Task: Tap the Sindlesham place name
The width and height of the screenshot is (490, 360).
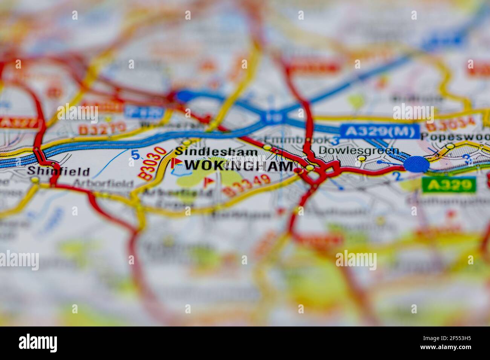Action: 216,152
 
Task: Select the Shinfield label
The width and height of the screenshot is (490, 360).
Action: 58,172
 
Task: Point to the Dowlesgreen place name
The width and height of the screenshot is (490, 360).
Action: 358,151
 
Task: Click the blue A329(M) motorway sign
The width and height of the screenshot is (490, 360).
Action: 380,131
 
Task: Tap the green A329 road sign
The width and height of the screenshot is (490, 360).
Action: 449,185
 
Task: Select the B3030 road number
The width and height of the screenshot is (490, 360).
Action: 153,163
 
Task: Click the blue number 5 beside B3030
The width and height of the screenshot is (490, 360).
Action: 135,154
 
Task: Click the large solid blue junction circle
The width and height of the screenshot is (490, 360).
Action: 416,164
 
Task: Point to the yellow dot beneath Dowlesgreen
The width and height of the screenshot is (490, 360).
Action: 362,159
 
